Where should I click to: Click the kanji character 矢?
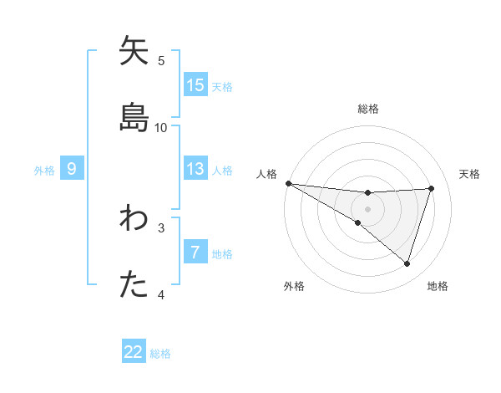click(x=134, y=53)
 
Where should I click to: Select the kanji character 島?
click(x=134, y=118)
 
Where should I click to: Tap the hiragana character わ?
click(x=134, y=219)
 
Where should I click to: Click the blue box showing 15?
click(x=195, y=84)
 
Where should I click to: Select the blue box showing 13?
click(x=195, y=169)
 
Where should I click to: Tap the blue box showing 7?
click(x=195, y=253)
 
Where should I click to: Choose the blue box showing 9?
click(x=72, y=169)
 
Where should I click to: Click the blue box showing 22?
click(x=134, y=352)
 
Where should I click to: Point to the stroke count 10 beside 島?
click(x=161, y=127)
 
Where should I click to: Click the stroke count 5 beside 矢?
click(x=161, y=60)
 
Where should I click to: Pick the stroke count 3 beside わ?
click(x=161, y=227)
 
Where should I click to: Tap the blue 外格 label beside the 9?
click(x=44, y=170)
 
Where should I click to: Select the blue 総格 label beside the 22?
click(x=160, y=353)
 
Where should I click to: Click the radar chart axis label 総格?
click(x=367, y=109)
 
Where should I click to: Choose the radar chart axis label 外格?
click(x=294, y=286)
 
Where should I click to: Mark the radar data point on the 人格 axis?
click(x=288, y=182)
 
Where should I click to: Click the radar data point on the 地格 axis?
click(x=407, y=264)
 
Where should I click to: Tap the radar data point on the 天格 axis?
click(x=431, y=188)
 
